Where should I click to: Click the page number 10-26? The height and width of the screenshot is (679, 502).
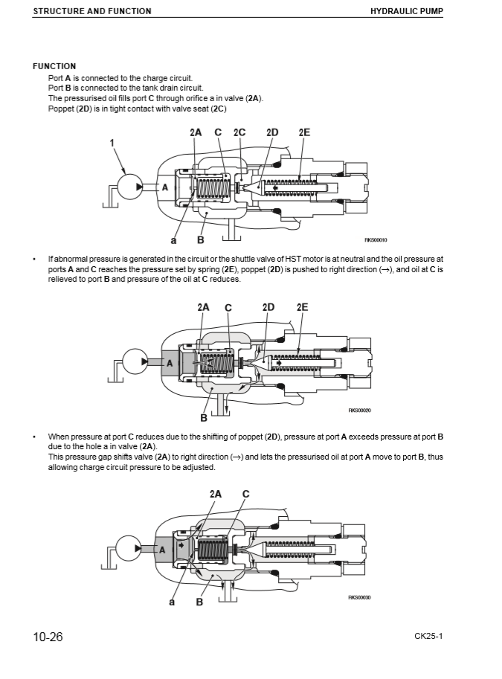tap(48, 637)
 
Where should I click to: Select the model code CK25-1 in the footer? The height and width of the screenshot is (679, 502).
tap(430, 637)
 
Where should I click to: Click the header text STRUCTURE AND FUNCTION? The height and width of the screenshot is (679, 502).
tap(92, 11)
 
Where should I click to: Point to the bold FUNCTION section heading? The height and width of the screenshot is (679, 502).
tap(54, 66)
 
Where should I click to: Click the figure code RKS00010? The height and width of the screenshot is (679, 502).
tap(376, 239)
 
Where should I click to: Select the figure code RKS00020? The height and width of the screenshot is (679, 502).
tap(360, 410)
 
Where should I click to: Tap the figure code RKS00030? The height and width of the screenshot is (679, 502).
tap(360, 597)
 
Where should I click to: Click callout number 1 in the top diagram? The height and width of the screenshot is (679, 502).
tap(112, 143)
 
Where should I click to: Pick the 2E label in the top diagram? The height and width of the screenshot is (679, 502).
tap(304, 132)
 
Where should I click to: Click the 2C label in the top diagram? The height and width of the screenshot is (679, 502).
tap(239, 132)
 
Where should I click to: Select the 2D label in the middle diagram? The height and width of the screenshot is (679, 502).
tap(268, 307)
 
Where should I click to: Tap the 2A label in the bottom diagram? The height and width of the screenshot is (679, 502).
tap(216, 494)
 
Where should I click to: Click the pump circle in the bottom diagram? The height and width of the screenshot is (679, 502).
tap(130, 549)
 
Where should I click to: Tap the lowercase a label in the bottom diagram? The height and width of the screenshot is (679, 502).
tap(172, 602)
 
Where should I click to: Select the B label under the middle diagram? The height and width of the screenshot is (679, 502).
tap(204, 417)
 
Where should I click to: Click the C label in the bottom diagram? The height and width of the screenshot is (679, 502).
tap(246, 494)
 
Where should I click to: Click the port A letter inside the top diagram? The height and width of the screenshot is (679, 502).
tap(165, 187)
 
